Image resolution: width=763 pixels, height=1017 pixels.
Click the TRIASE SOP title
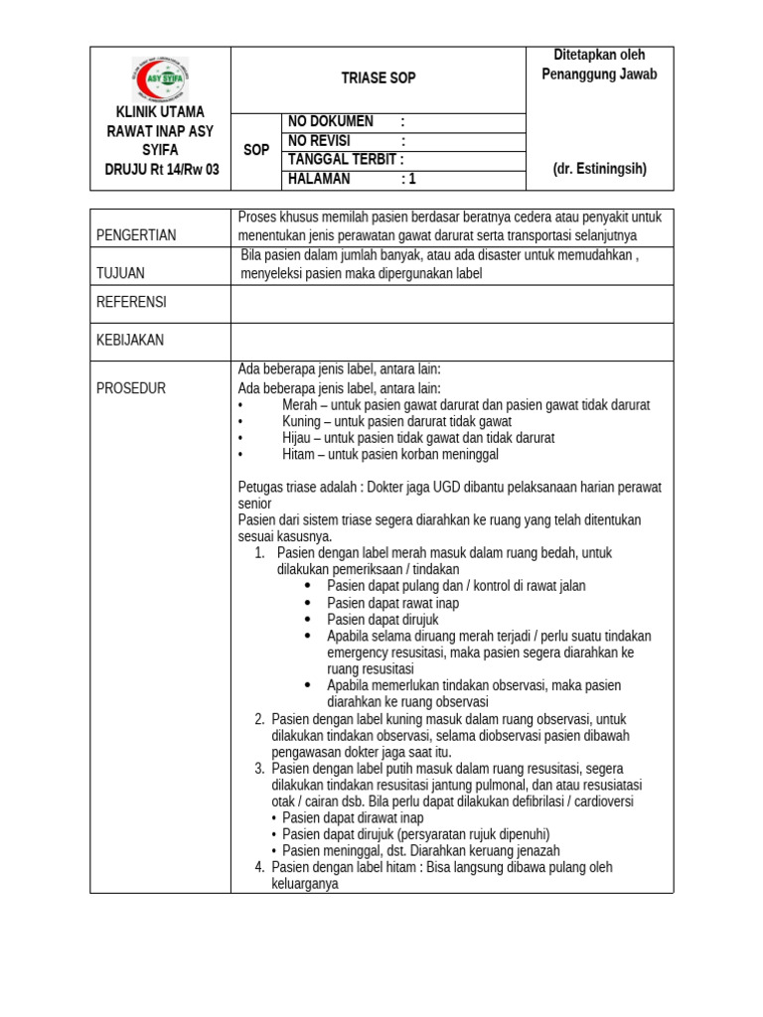click(x=378, y=78)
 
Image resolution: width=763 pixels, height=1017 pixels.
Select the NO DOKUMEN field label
click(x=331, y=122)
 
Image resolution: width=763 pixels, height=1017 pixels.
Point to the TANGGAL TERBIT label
click(x=345, y=160)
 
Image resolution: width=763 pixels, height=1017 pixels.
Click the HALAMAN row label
click(x=319, y=180)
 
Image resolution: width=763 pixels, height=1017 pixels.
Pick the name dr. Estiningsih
click(x=600, y=169)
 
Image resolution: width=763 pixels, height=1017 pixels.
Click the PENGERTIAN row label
click(x=136, y=235)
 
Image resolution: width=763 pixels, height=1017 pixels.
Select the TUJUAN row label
click(x=120, y=273)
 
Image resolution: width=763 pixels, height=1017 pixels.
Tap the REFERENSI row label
click(x=131, y=302)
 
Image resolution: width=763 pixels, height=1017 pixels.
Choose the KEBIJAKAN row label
click(x=130, y=340)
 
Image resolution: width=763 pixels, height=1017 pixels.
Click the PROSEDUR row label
click(x=131, y=388)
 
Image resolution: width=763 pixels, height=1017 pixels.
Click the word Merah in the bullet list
click(x=300, y=405)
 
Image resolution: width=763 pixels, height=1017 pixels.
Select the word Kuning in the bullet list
click(x=302, y=421)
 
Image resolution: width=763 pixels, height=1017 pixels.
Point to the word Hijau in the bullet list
click(x=298, y=438)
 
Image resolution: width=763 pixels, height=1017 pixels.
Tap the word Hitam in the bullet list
click(x=299, y=454)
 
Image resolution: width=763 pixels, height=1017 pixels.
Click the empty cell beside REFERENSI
click(x=452, y=303)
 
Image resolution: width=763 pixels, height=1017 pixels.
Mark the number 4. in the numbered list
click(x=259, y=867)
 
